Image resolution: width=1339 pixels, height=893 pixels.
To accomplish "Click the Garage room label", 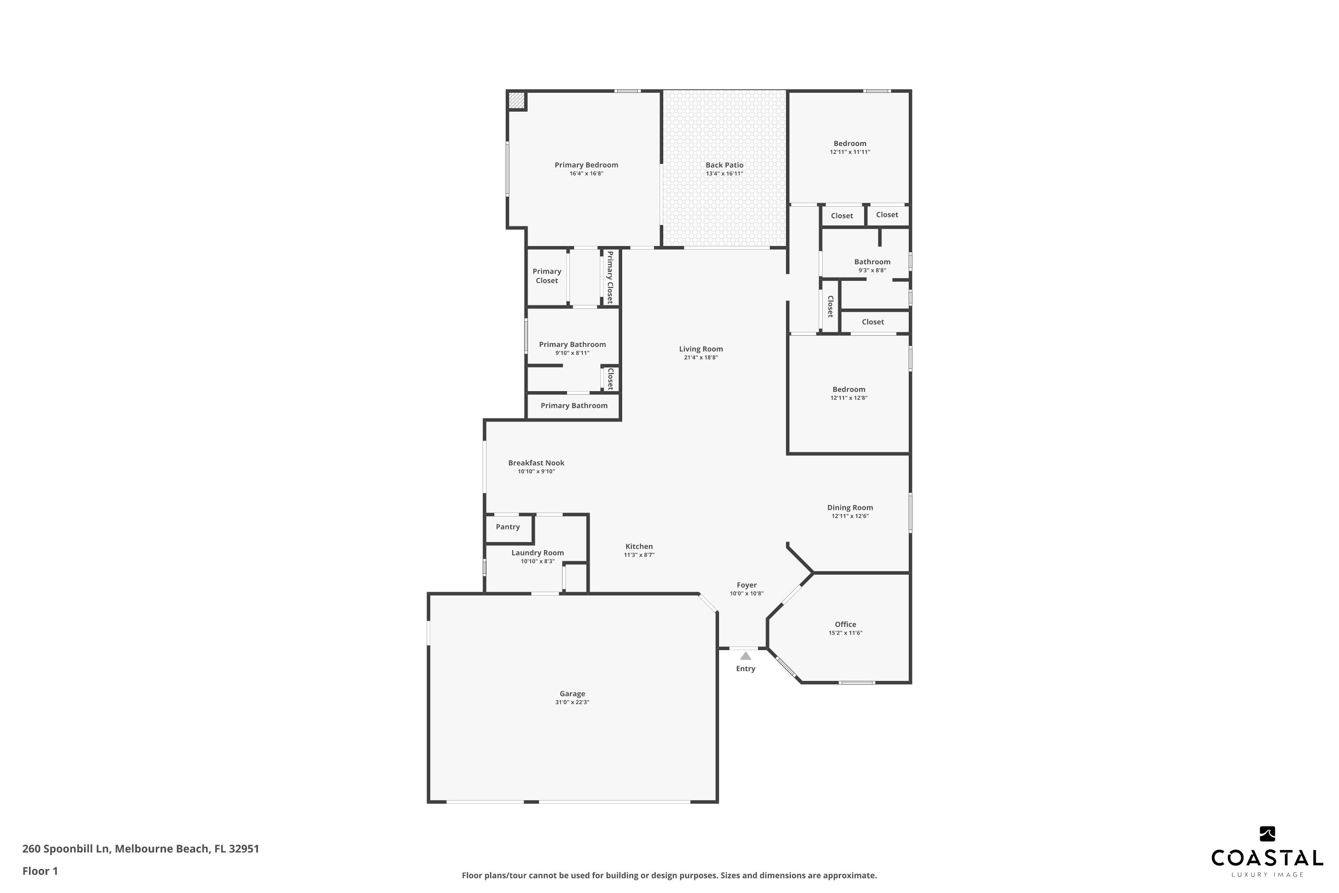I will (572, 694).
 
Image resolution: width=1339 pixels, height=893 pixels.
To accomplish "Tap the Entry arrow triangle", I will (745, 656).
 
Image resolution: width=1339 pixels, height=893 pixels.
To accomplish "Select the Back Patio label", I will (724, 165).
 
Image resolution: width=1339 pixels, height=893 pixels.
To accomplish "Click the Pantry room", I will (508, 527).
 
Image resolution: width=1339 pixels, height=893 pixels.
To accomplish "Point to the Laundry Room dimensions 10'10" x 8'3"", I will (537, 562).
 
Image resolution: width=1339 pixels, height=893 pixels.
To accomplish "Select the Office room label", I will (845, 624).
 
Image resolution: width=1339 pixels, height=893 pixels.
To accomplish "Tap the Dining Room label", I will (850, 507).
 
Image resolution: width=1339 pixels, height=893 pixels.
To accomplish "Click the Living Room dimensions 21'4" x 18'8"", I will (701, 358).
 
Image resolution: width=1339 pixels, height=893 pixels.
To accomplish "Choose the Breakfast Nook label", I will (536, 463).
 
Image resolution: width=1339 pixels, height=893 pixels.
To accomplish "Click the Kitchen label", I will (639, 546).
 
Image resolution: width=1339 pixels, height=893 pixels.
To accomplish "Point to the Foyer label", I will (746, 585).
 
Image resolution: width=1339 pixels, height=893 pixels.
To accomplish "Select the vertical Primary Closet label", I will (610, 277).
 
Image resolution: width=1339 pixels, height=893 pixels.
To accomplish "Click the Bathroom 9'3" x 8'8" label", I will (872, 262).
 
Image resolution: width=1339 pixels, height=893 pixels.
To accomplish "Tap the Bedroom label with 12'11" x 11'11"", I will (850, 143).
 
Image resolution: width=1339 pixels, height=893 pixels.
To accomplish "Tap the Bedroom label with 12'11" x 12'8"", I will (849, 389).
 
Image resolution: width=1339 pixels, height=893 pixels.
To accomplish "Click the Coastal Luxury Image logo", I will (1267, 860).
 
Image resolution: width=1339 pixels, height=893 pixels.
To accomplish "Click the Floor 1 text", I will (40, 871).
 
